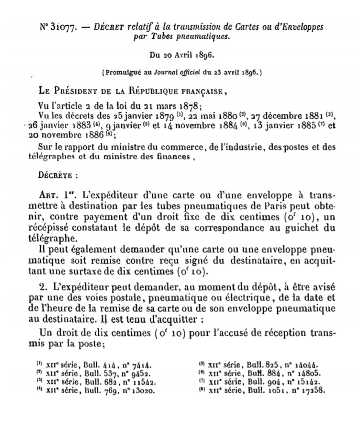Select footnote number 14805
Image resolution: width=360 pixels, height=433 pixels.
[305, 373]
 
